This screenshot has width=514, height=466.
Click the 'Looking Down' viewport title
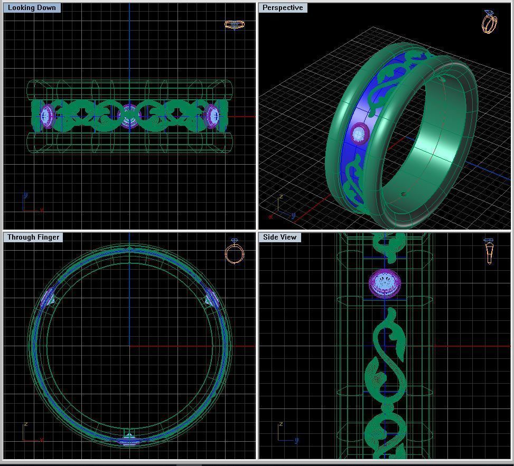32,8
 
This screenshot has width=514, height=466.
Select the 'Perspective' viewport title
283,8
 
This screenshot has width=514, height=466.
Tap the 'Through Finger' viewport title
33,237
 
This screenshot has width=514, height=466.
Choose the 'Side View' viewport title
280,237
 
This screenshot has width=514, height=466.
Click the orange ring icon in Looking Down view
234,25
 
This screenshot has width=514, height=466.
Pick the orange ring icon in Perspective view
489,22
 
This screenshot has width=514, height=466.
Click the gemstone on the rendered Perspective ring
359,133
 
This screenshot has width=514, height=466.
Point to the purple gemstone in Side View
384,283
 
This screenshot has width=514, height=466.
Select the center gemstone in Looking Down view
129,117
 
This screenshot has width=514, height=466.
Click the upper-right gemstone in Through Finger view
212,299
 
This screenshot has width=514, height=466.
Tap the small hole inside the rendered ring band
404,194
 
